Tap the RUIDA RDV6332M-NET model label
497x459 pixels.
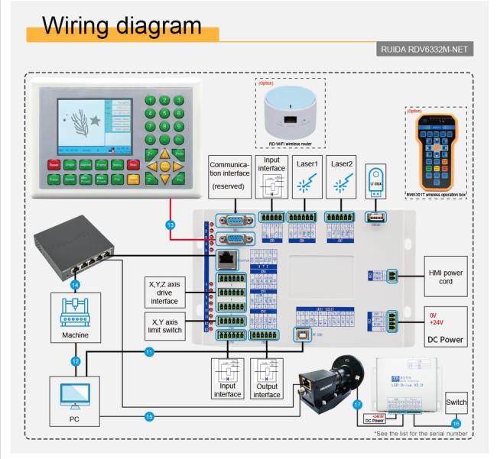[426, 50]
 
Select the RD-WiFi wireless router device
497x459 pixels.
[290, 115]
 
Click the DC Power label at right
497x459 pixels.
[446, 339]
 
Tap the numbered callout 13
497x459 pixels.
[170, 225]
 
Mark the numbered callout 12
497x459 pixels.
[75, 360]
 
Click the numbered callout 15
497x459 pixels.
[148, 416]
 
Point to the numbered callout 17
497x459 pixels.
[357, 405]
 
